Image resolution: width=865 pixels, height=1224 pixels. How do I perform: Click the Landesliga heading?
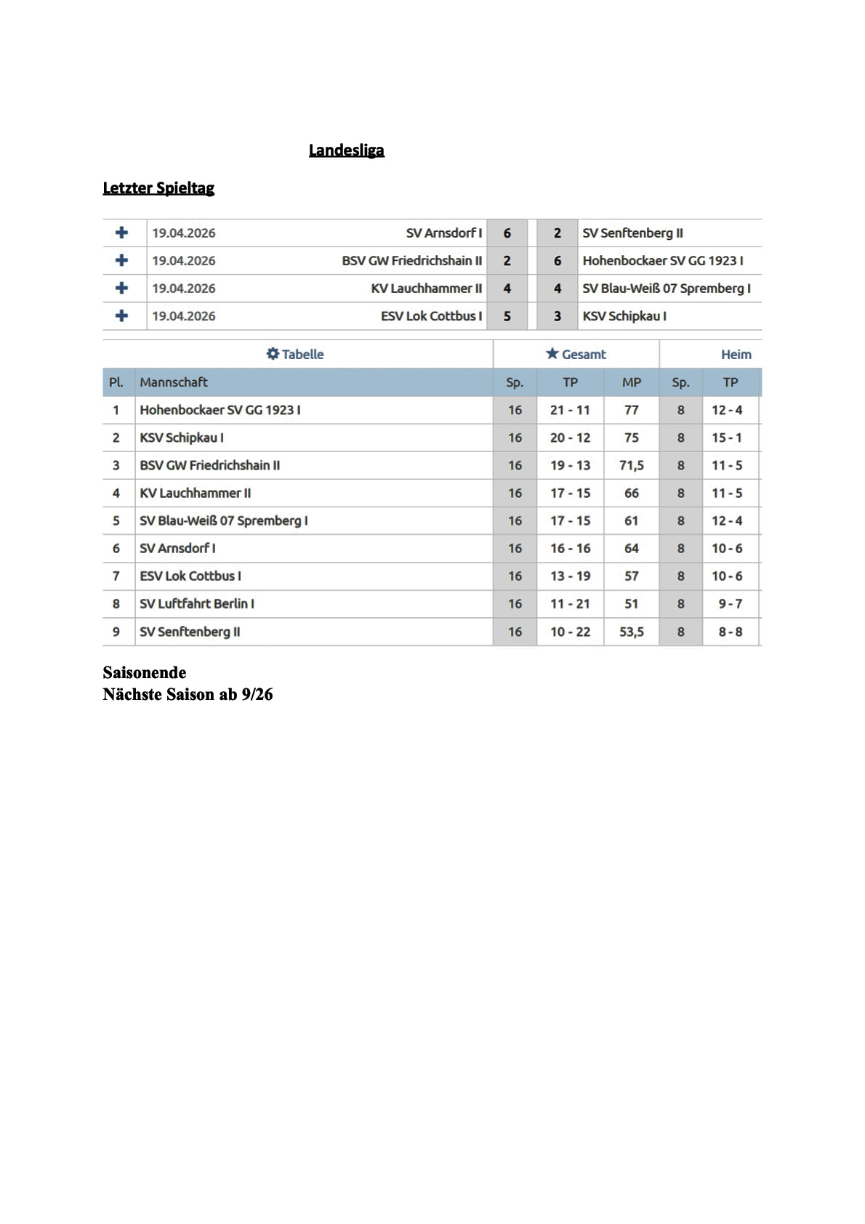click(x=346, y=150)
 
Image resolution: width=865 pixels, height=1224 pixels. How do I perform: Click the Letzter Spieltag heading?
click(x=158, y=188)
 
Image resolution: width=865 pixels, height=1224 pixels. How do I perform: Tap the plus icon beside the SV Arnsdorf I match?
click(x=121, y=233)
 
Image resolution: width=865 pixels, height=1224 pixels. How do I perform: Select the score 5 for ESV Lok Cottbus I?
click(x=507, y=316)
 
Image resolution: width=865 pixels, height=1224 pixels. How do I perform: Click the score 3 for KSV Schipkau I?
click(x=557, y=316)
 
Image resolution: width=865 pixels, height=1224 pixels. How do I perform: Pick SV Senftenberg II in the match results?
click(x=632, y=233)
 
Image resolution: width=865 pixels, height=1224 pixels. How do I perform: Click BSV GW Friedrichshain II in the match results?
click(x=411, y=261)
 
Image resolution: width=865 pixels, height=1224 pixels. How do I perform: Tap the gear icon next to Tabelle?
click(x=273, y=354)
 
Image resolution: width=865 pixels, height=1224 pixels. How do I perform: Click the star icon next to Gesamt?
click(x=552, y=354)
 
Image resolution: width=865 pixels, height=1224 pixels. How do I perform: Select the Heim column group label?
click(x=736, y=355)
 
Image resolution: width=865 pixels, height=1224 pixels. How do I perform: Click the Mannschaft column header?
click(x=174, y=382)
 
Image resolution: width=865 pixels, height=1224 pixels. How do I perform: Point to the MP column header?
click(x=631, y=382)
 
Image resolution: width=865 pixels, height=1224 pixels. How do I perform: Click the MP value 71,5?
click(x=631, y=465)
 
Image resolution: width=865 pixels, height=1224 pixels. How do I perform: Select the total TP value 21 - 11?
click(x=570, y=410)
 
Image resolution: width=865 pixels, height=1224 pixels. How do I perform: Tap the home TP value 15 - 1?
click(x=727, y=438)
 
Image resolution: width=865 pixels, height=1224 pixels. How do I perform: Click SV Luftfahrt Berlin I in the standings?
click(x=197, y=604)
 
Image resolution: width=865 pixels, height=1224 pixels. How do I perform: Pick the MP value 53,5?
click(x=631, y=632)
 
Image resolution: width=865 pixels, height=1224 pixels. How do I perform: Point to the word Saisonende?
click(x=145, y=672)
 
